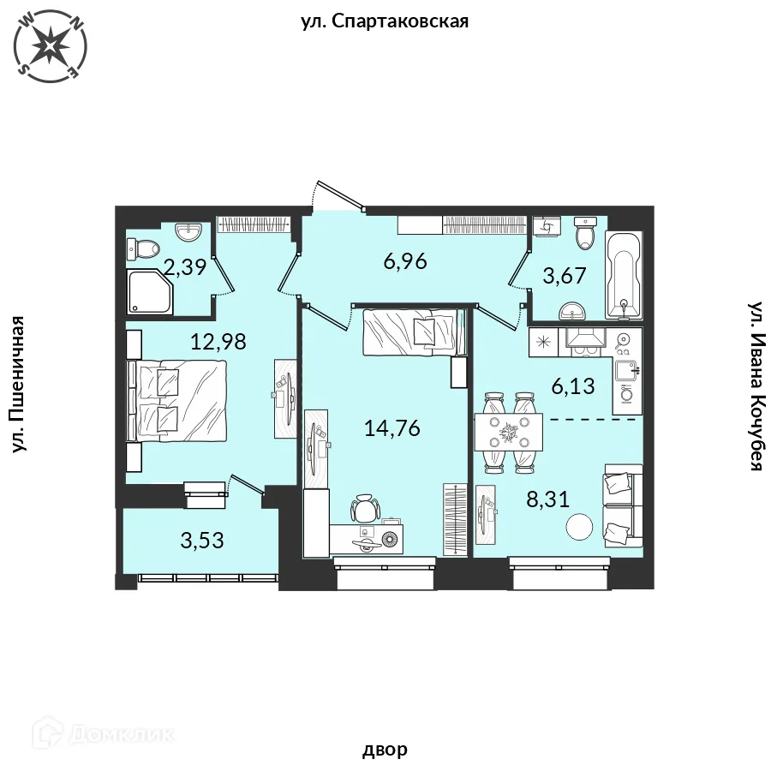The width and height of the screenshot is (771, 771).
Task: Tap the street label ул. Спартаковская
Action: [x=385, y=21]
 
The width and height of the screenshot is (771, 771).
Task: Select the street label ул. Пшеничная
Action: [x=18, y=384]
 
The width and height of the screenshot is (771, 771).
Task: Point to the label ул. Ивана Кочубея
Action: [x=756, y=386]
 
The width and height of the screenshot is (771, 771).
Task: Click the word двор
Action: [x=385, y=750]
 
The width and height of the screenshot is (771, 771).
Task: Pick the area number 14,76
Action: [x=391, y=428]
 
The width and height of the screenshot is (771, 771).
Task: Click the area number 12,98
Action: [x=218, y=341]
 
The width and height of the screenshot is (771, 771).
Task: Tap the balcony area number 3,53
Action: [x=202, y=541]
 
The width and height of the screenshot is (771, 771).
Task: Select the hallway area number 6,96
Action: [x=405, y=261]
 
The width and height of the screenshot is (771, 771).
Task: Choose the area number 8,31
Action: [x=547, y=499]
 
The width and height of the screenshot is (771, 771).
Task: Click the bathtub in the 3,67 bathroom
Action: [x=624, y=275]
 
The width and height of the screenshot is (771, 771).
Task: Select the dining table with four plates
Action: [x=508, y=433]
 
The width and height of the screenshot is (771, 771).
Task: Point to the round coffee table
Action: [x=579, y=527]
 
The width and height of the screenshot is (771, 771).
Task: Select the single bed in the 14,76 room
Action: [x=414, y=332]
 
